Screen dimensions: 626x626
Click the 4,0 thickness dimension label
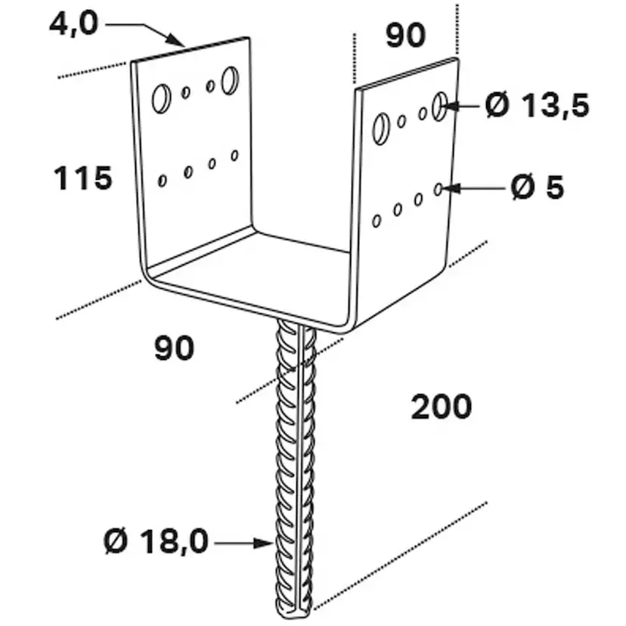[x=73, y=24]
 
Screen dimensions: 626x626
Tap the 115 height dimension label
[x=83, y=178]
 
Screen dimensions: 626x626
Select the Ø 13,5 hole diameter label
[x=538, y=106]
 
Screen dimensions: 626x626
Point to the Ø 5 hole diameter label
[x=538, y=187]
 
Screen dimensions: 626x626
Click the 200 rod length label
[x=442, y=407]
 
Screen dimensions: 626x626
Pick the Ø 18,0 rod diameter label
[x=156, y=541]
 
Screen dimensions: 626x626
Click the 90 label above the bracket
[x=406, y=35]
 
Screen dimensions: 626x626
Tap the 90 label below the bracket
[x=175, y=348]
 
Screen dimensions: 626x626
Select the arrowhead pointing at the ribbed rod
[x=265, y=544]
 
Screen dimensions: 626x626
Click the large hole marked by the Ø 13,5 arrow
[x=439, y=106]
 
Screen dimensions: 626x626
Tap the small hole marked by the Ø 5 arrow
[x=438, y=190]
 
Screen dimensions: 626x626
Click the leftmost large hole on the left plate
[x=161, y=98]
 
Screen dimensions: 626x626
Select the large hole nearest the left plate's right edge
[x=231, y=80]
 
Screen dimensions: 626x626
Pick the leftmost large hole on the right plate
[x=380, y=129]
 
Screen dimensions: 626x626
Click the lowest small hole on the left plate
[x=162, y=181]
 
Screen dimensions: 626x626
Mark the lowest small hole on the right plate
[x=376, y=222]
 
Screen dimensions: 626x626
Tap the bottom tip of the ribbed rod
[x=294, y=618]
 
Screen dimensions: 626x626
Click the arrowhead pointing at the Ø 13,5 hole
[x=450, y=106]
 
